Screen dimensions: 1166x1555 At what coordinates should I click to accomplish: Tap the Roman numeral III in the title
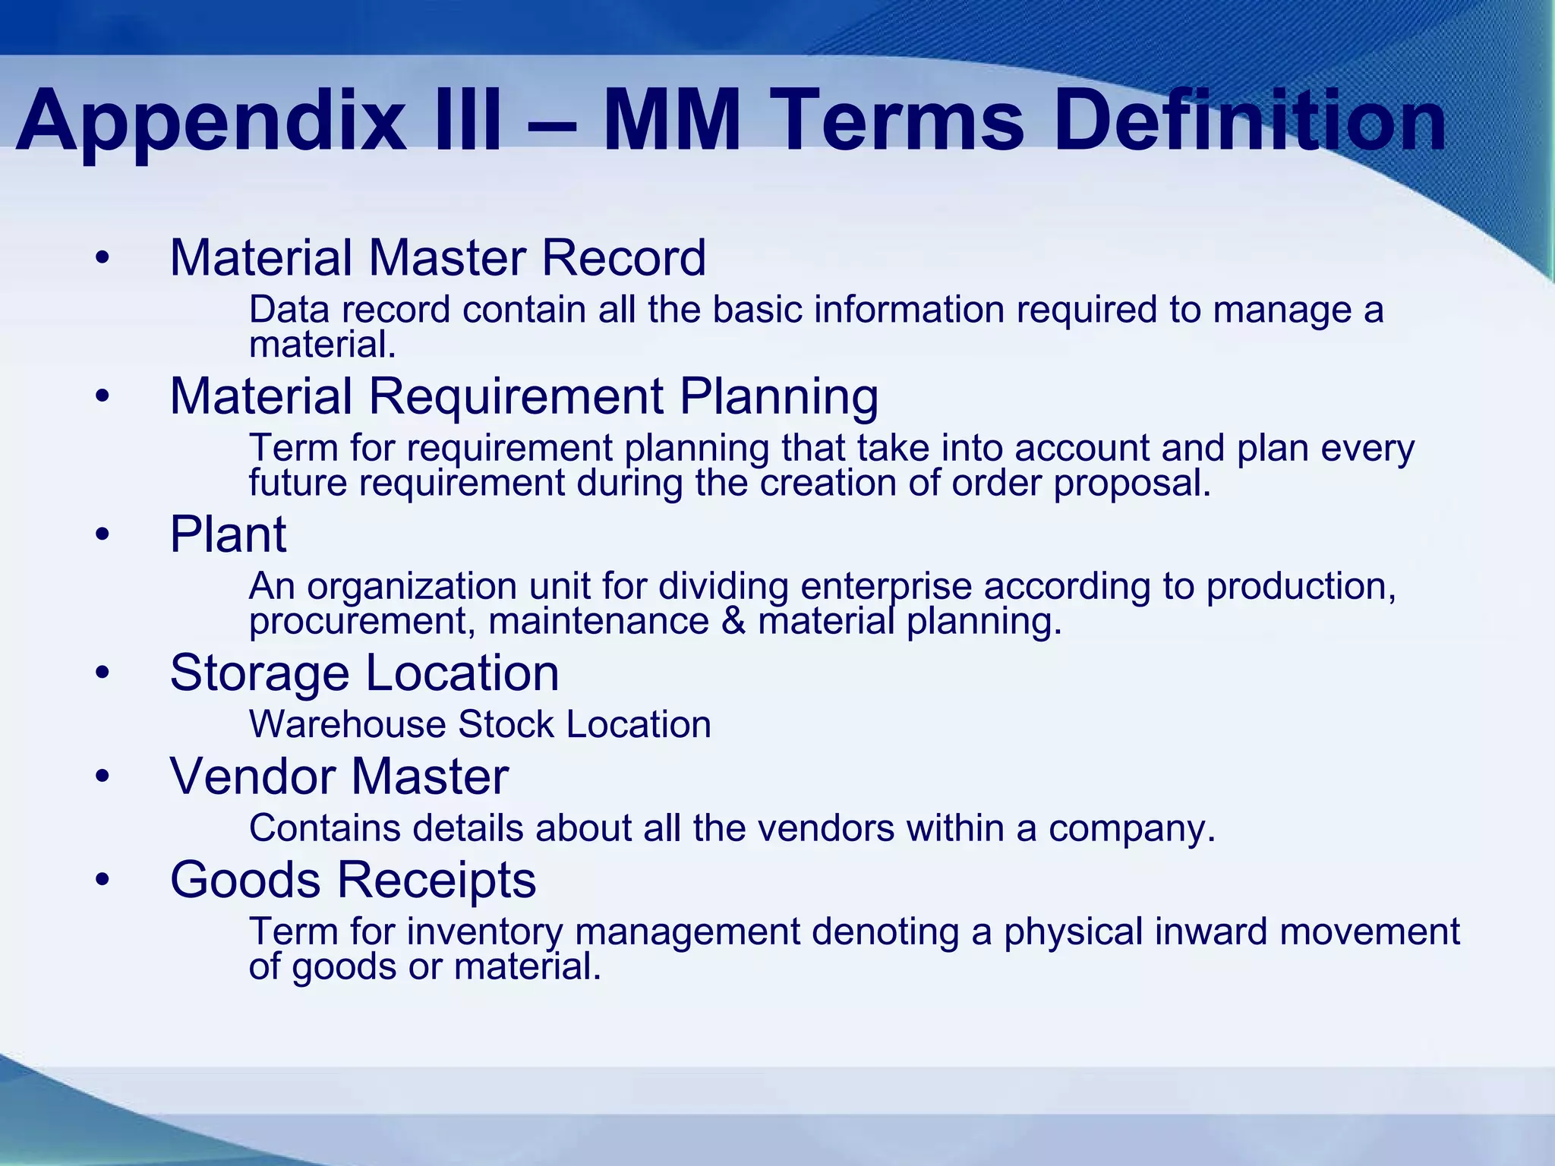[x=462, y=121]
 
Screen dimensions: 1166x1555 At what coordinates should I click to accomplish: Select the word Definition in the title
[x=1249, y=121]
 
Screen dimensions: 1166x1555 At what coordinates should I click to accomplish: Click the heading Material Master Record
[x=437, y=257]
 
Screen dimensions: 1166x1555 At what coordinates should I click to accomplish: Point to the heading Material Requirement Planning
[x=524, y=396]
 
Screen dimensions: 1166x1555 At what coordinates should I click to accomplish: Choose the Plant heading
[x=228, y=534]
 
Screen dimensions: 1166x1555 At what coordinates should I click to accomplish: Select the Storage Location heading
[x=364, y=673]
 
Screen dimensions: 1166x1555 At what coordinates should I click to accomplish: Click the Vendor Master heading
[x=339, y=777]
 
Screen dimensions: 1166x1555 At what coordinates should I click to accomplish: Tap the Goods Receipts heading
[x=353, y=880]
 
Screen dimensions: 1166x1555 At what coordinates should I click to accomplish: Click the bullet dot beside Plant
[x=103, y=536]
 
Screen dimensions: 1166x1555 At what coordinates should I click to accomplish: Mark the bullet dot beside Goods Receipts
[x=103, y=881]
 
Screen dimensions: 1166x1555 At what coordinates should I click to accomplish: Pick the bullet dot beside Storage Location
[x=103, y=673]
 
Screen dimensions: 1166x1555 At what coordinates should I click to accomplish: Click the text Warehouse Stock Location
[x=480, y=724]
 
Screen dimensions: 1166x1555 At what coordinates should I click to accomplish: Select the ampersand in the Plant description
[x=733, y=622]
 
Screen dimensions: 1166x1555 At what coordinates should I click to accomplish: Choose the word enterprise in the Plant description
[x=886, y=587]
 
